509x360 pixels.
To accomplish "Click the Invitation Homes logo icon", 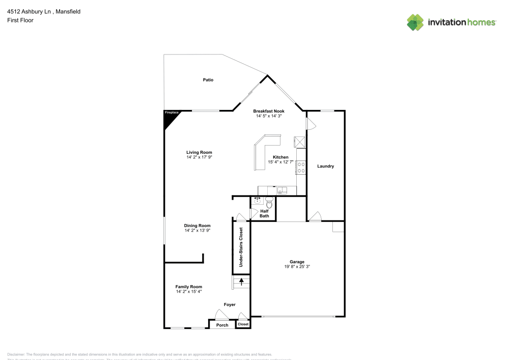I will click(415, 22).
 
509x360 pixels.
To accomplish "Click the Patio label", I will click(208, 80).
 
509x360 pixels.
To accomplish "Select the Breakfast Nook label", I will click(269, 111).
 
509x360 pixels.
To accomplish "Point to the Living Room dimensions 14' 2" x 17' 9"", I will click(199, 157).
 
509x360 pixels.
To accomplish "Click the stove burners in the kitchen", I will click(301, 168).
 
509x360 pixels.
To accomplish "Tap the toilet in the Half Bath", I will click(269, 204).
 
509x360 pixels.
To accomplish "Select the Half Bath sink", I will click(258, 201).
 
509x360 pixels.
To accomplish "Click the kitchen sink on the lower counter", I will click(281, 191).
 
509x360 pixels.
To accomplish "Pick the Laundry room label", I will click(325, 167).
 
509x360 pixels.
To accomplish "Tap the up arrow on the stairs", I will click(241, 282).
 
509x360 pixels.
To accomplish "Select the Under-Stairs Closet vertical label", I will click(241, 247).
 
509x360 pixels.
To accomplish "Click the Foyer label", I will click(230, 304).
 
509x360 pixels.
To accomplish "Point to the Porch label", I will click(222, 325).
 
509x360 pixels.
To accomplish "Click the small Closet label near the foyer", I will click(243, 324).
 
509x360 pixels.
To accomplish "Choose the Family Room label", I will click(189, 287).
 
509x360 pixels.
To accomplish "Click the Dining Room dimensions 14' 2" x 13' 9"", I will click(197, 230).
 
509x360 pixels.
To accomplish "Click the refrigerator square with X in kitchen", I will click(299, 142).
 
